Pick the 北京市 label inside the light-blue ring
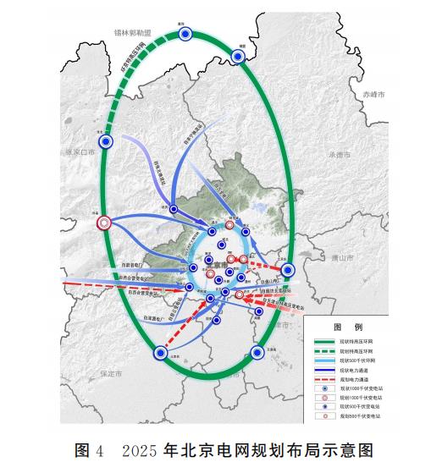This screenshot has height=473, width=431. tap(217, 265)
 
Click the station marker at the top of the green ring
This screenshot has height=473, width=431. tap(186, 34)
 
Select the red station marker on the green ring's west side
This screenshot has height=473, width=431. tap(104, 223)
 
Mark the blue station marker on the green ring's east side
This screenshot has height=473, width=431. tap(287, 270)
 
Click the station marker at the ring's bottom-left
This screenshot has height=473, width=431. tap(158, 354)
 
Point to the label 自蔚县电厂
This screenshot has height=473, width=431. tap(135, 265)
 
